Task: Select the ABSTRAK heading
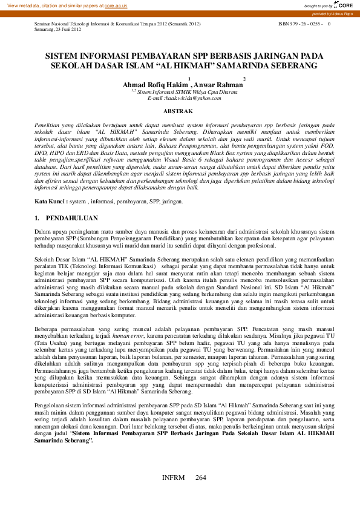179,111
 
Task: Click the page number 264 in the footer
201,478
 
